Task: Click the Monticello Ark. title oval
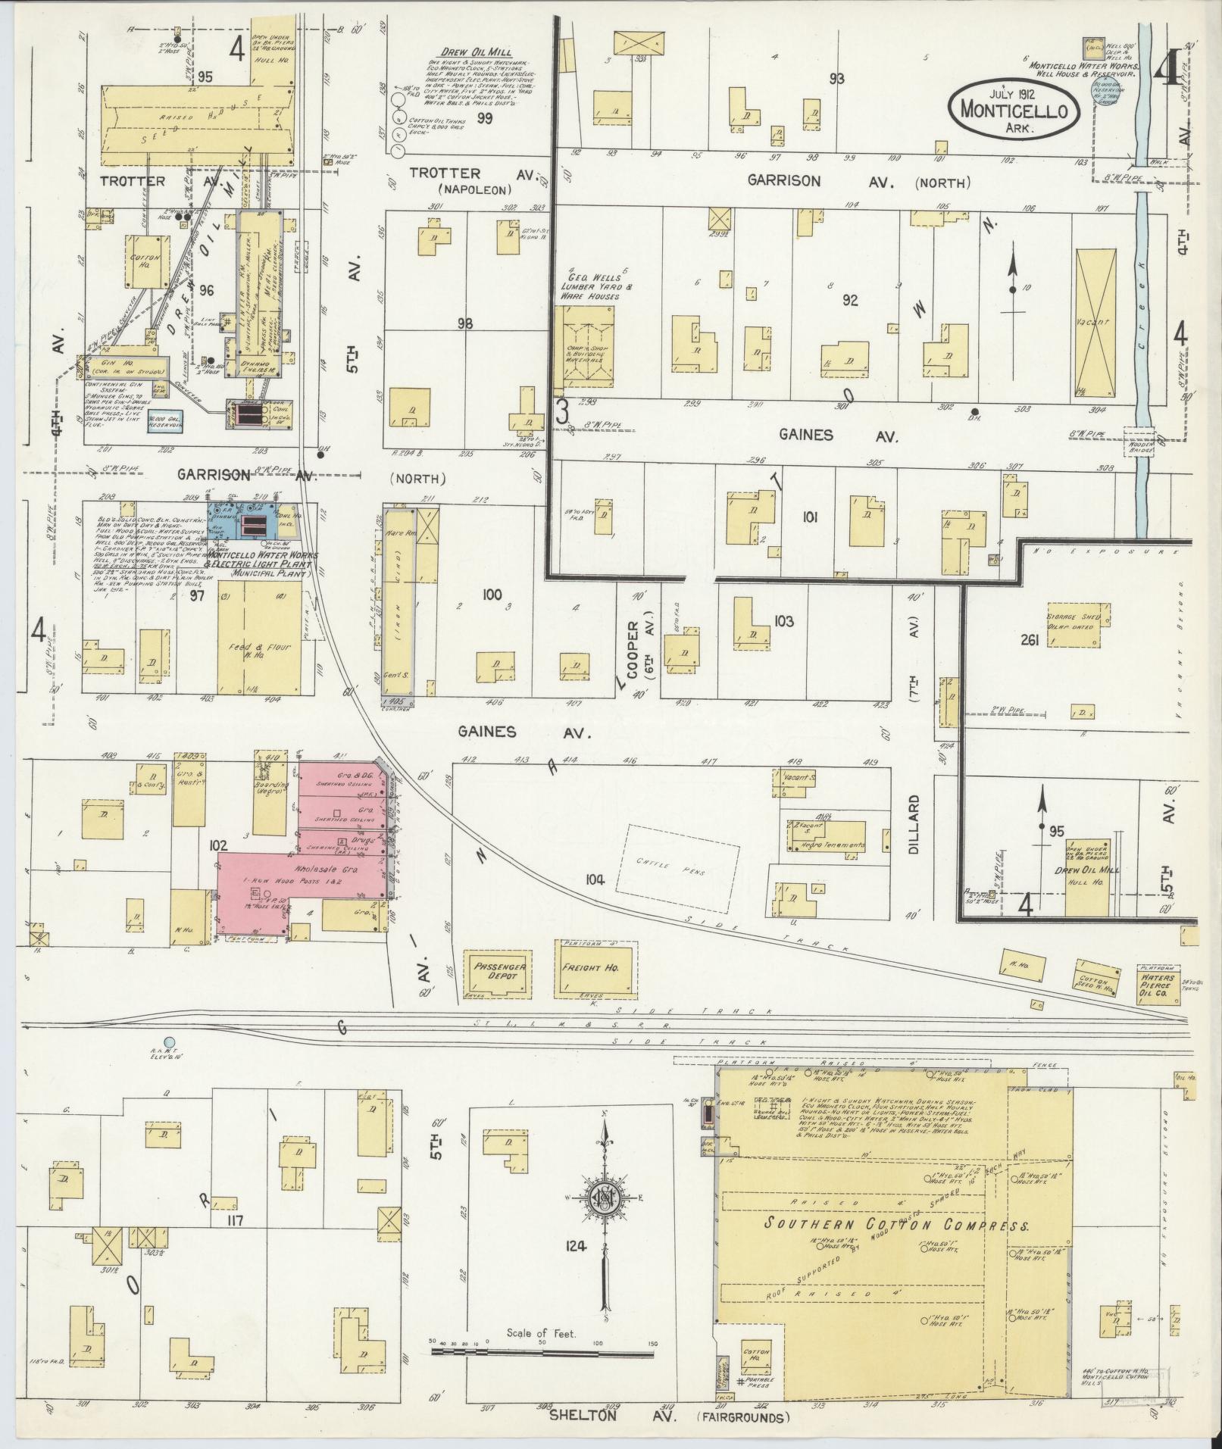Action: pyautogui.click(x=1014, y=109)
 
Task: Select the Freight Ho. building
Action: pyautogui.click(x=596, y=968)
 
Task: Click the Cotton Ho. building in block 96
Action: pyautogui.click(x=145, y=261)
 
